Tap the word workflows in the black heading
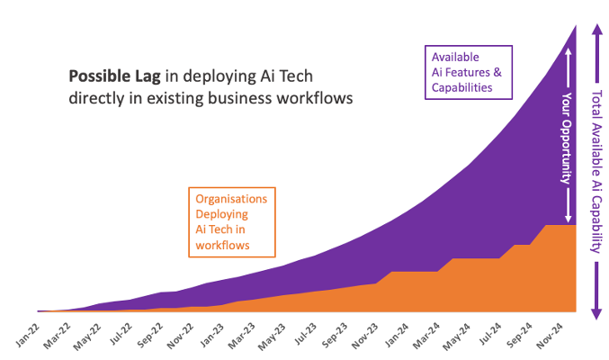pos(309,96)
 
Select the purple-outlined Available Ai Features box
pos(467,72)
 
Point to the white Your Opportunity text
pos(568,135)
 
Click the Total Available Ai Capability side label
pos(596,172)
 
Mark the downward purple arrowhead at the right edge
pos(596,312)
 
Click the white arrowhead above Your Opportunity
pos(568,54)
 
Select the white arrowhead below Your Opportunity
pos(568,216)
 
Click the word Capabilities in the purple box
pos(461,87)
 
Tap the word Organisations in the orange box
pos(230,198)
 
